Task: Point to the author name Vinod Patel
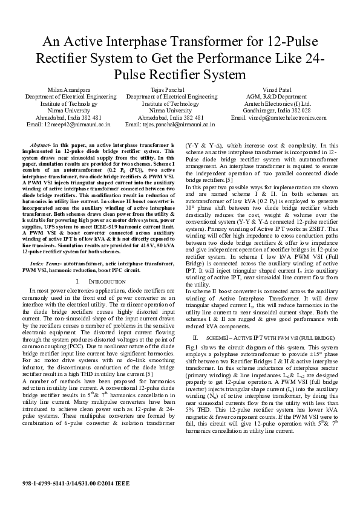pyautogui.click(x=277, y=89)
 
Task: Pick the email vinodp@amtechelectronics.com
pyautogui.click(x=278, y=118)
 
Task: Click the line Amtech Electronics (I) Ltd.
pyautogui.click(x=277, y=103)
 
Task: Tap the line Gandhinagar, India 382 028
pyautogui.click(x=277, y=111)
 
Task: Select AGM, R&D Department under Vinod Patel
pyautogui.click(x=277, y=96)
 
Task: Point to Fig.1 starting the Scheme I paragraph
pyautogui.click(x=192, y=348)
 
